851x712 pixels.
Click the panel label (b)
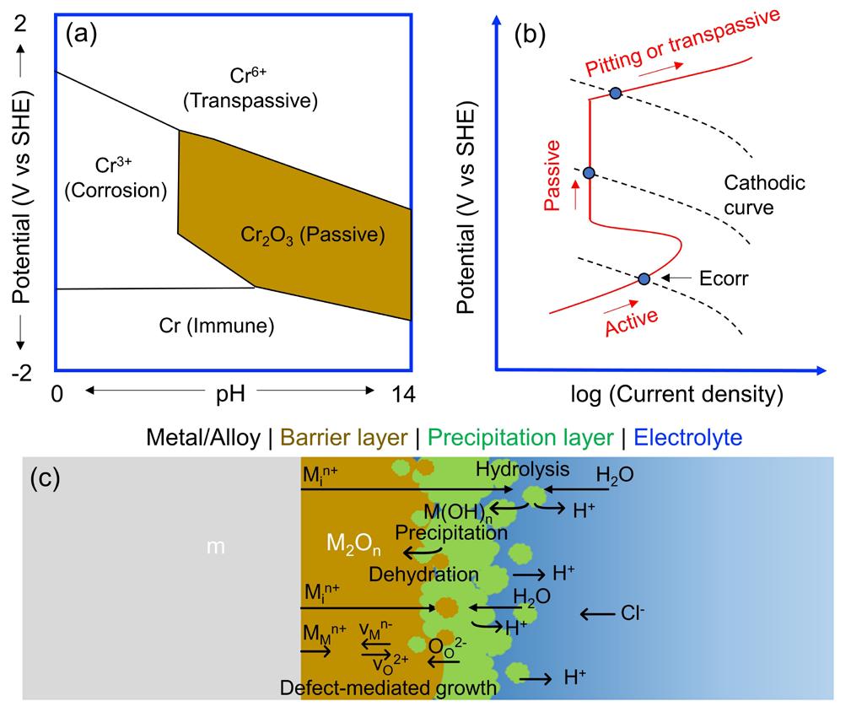click(x=534, y=35)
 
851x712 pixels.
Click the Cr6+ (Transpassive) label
click(x=250, y=88)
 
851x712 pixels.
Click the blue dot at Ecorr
click(x=644, y=278)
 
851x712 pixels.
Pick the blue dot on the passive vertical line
click(x=590, y=173)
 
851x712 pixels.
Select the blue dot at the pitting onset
click(x=616, y=93)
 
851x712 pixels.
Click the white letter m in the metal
click(x=217, y=548)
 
